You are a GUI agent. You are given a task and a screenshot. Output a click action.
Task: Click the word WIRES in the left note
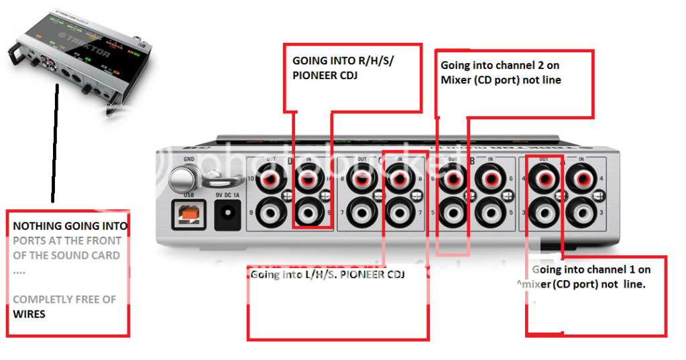(29, 313)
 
